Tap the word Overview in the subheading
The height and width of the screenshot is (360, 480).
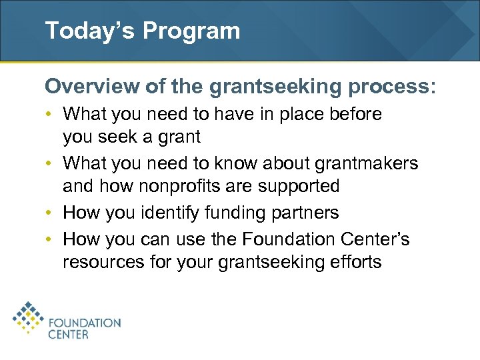tap(83, 87)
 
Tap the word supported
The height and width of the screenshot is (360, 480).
tap(300, 186)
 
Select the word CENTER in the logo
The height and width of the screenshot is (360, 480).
tap(68, 335)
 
